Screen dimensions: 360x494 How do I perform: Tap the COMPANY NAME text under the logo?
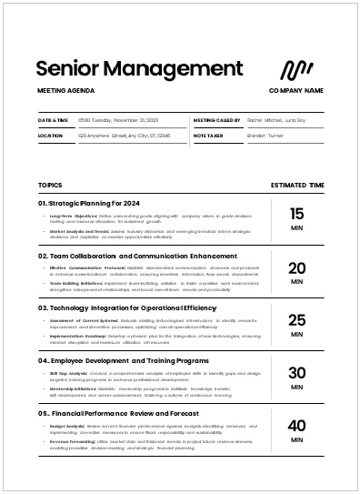pyautogui.click(x=296, y=91)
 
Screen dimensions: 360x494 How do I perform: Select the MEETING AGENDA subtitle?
pyautogui.click(x=66, y=91)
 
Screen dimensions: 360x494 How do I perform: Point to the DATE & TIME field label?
pyautogui.click(x=54, y=120)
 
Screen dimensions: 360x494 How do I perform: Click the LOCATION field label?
pyautogui.click(x=51, y=136)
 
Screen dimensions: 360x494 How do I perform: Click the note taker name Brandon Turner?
pyautogui.click(x=266, y=136)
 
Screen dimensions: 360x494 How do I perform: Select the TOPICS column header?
pyautogui.click(x=51, y=185)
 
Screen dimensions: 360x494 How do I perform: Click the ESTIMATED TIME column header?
pyautogui.click(x=297, y=185)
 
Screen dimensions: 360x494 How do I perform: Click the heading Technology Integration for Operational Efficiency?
pyautogui.click(x=127, y=307)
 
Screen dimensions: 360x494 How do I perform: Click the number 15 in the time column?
pyautogui.click(x=296, y=214)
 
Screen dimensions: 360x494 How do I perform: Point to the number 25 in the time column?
pyautogui.click(x=296, y=319)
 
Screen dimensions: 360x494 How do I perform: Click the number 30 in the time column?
pyautogui.click(x=296, y=372)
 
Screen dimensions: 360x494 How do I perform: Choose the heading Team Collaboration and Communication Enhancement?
pyautogui.click(x=131, y=256)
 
